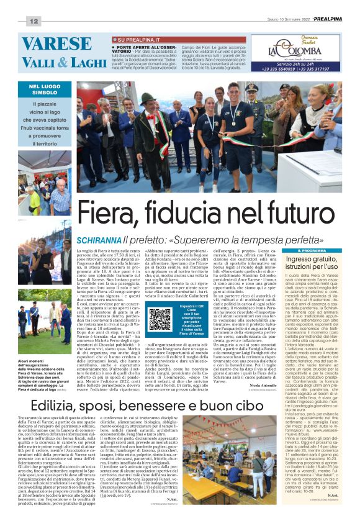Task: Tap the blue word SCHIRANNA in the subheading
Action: pos(99,239)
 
